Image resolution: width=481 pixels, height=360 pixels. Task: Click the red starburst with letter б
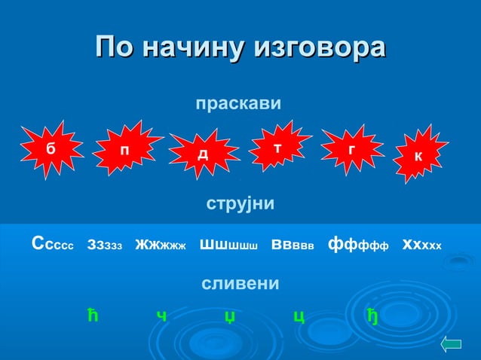51,149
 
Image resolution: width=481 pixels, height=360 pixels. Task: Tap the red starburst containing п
124,151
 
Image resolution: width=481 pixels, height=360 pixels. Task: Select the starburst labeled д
203,154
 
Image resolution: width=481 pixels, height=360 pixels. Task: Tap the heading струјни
240,204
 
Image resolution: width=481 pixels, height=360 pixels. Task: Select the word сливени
240,284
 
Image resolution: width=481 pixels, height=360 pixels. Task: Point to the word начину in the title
195,47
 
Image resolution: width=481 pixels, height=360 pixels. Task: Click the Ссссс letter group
52,244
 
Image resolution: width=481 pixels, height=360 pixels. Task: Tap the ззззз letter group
105,244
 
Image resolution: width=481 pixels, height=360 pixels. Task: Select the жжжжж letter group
160,244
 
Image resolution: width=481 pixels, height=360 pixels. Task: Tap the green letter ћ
93,315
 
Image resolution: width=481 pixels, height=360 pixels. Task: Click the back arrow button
450,344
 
